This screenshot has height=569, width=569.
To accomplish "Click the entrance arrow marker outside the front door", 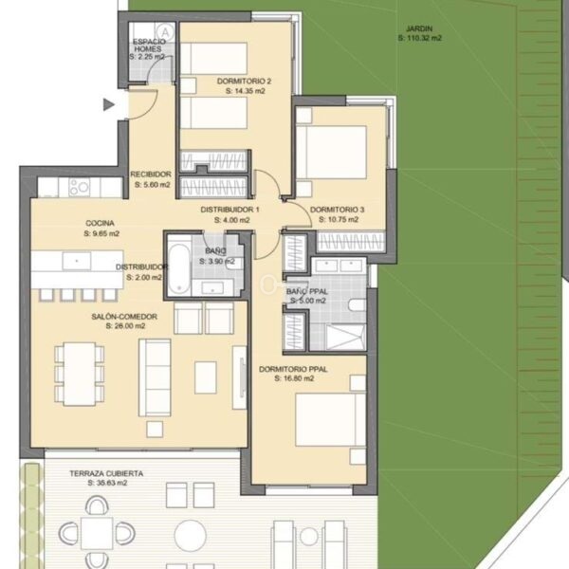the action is (108, 104).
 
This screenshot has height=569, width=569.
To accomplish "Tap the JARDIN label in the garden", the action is (419, 28).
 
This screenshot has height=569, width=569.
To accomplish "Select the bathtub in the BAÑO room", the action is (179, 269).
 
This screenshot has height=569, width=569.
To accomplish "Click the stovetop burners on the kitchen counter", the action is (79, 187).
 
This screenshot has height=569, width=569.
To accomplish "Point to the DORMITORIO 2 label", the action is (244, 82).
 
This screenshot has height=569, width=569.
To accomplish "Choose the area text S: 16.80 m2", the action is (294, 378).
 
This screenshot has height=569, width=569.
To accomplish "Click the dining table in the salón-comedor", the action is (80, 374).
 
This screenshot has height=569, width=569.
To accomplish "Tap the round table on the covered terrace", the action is (191, 536).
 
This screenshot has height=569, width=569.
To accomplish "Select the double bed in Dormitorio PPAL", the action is (330, 420).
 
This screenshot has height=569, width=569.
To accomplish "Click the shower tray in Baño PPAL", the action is (345, 338).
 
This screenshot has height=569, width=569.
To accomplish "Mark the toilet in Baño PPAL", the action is (358, 305).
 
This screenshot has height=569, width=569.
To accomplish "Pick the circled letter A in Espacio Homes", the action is (165, 31).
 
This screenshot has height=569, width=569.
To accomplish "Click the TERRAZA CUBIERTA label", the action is (106, 473).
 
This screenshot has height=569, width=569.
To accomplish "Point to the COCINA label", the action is (100, 223).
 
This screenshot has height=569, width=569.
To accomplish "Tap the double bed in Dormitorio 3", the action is (331, 152).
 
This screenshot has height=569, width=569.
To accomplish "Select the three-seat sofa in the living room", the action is (155, 377).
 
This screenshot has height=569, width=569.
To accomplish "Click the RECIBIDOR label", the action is (151, 174).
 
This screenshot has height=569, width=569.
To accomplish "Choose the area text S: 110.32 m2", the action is (420, 38).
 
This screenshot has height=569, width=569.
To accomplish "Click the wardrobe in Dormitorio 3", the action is (351, 242).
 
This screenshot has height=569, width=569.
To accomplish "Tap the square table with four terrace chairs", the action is (97, 533).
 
